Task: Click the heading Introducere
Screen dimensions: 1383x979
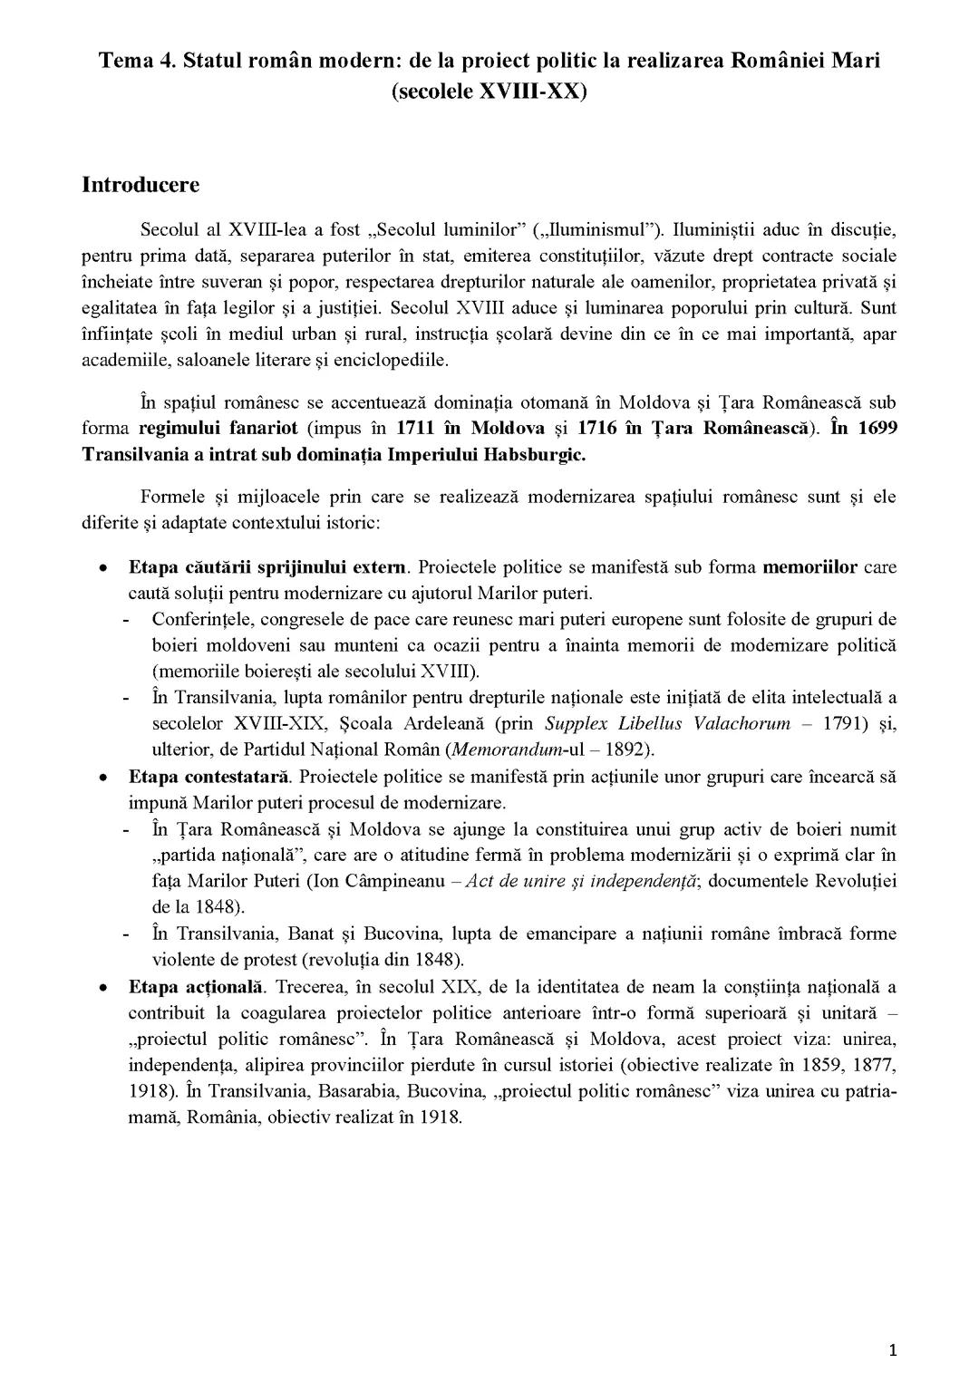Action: (141, 185)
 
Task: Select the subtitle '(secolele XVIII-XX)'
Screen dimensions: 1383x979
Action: (489, 91)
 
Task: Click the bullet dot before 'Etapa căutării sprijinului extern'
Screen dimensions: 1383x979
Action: (105, 569)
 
